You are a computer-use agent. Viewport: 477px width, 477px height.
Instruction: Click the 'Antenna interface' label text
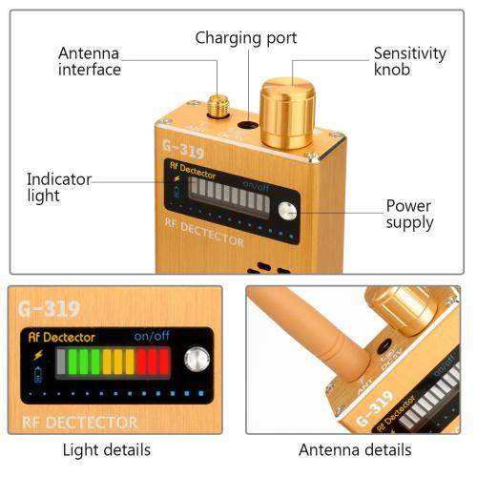tap(90, 61)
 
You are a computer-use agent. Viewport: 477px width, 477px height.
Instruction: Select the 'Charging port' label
tap(246, 38)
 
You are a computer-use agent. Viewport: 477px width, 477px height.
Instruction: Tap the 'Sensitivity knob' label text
tap(408, 63)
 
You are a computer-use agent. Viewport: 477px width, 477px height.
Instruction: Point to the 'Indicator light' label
tap(58, 187)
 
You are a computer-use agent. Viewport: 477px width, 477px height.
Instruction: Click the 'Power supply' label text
tap(409, 214)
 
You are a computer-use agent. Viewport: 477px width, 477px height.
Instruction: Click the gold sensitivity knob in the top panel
tap(288, 114)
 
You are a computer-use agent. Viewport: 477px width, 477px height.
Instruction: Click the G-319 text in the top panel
tap(185, 148)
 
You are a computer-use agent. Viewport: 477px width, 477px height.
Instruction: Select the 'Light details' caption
tap(107, 449)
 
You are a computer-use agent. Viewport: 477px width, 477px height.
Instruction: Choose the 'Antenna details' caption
tap(355, 449)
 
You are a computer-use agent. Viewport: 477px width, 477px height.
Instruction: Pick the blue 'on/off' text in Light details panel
tap(152, 336)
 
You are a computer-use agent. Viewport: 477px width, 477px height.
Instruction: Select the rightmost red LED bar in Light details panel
tap(163, 362)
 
